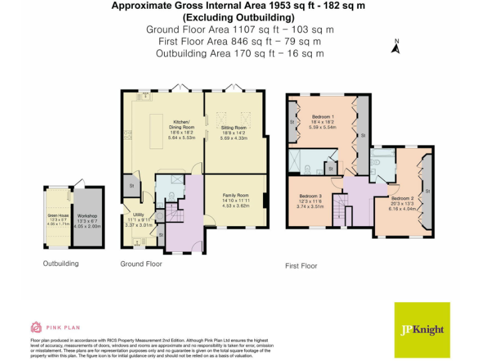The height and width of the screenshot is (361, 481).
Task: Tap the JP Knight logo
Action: pos(422,330)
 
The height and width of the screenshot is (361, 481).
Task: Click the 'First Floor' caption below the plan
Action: pos(301,266)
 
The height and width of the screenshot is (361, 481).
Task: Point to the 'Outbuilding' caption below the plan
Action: pos(61,263)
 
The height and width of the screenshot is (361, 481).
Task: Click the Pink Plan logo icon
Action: pos(36,327)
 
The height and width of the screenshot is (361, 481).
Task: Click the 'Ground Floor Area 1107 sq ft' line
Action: pos(240,29)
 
